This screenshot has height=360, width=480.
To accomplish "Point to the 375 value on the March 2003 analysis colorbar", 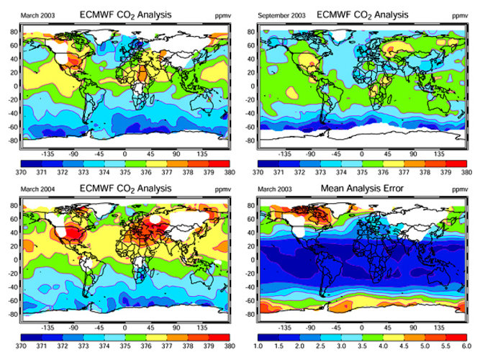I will point(124,172).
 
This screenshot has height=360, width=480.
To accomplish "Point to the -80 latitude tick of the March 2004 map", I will point(13,314).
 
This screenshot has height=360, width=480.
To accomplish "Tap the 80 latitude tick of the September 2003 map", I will point(253,32).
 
